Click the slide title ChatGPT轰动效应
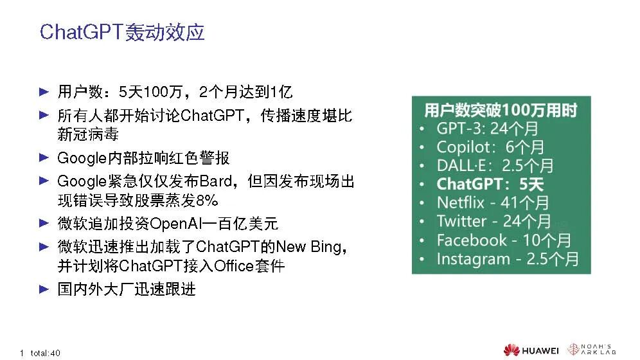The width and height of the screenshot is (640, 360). click(122, 32)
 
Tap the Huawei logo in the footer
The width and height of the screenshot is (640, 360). click(531, 350)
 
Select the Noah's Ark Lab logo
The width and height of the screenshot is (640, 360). click(591, 349)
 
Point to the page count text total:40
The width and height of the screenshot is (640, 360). click(46, 353)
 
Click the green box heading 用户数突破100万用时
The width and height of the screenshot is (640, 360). click(501, 110)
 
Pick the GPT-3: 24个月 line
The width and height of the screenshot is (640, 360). click(487, 129)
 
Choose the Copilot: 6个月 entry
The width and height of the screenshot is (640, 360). click(490, 147)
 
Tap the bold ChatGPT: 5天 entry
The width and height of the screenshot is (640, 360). click(490, 184)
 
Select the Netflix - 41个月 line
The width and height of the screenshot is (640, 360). click(493, 203)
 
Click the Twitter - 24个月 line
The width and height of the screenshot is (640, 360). click(494, 221)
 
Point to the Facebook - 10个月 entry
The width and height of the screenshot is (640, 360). click(504, 240)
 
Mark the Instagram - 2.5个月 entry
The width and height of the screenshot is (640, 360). click(508, 259)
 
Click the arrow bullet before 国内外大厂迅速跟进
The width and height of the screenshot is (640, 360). click(44, 289)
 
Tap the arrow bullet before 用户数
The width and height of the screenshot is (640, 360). click(44, 91)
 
